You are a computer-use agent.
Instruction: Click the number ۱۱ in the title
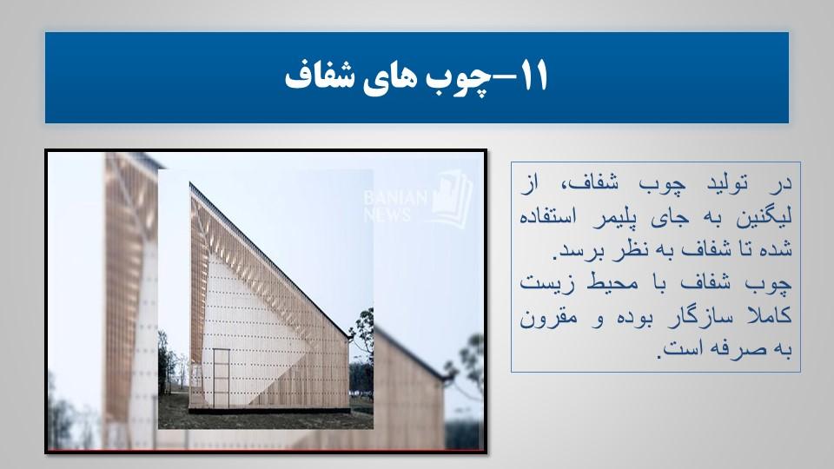(532, 76)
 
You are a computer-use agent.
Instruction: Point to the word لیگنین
(764, 217)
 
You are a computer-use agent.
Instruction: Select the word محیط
(612, 282)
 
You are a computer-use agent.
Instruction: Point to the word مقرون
(547, 318)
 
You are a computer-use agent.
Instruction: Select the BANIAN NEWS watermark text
(396, 207)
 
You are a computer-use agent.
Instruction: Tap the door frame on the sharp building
(222, 378)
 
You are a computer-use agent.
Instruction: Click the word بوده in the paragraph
(637, 317)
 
